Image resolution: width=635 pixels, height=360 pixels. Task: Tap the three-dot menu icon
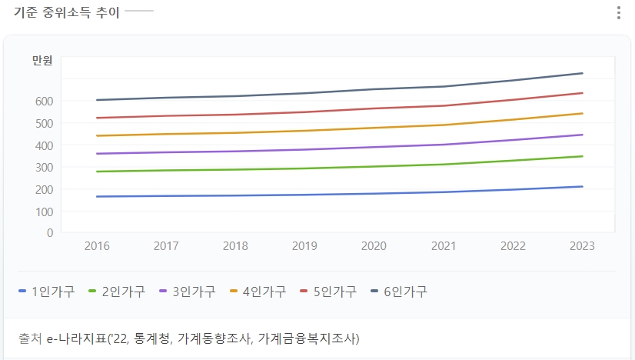pos(619,13)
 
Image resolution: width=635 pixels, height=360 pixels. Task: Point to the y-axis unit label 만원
pos(42,62)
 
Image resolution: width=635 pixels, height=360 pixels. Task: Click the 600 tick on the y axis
pos(43,101)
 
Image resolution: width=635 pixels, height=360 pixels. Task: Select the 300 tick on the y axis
pos(43,167)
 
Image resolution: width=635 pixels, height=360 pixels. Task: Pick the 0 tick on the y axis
pos(49,232)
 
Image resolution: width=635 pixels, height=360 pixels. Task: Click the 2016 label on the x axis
pos(97,246)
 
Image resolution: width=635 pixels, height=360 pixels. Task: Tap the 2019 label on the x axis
pos(304,246)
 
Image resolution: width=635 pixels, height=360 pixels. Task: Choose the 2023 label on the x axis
pos(581,246)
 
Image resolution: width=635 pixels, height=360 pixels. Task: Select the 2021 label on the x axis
pos(443,246)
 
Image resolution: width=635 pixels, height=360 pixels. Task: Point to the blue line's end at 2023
pos(582,186)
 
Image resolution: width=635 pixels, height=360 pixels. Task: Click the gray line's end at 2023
pos(582,73)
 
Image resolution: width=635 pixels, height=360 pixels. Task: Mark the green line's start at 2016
pos(97,172)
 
